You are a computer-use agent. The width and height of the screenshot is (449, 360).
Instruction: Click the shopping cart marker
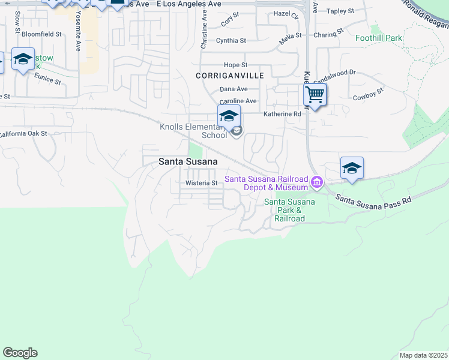(x=315, y=95)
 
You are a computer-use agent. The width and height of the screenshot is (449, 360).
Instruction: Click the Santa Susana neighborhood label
(x=187, y=161)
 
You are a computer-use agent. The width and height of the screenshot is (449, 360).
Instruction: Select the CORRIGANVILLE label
(x=229, y=76)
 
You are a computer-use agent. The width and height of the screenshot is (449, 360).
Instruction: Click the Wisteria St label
(x=201, y=183)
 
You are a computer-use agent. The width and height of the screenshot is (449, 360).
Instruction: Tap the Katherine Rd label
(x=282, y=113)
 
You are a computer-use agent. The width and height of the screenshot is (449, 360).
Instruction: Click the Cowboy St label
(x=368, y=97)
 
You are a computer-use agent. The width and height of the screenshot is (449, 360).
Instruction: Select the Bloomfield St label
(x=41, y=35)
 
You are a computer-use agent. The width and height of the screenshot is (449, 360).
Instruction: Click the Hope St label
(x=235, y=65)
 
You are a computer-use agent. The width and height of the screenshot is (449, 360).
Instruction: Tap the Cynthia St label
(x=231, y=41)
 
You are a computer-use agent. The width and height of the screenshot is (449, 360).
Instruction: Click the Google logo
(x=20, y=353)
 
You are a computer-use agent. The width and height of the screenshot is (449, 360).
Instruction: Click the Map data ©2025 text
(x=423, y=355)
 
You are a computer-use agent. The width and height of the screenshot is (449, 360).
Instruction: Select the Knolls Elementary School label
(x=193, y=131)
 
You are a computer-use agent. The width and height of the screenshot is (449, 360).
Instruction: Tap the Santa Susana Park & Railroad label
(x=290, y=210)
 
